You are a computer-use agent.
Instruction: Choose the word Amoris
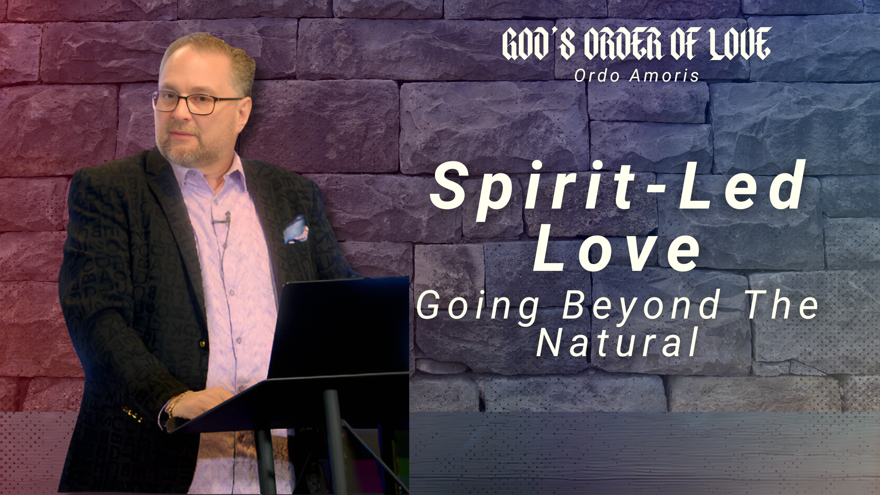point(664,76)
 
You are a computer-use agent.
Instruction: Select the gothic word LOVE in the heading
point(741,44)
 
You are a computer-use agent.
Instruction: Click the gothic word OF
point(685,44)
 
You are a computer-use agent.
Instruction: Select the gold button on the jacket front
point(202,343)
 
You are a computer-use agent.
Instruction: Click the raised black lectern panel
point(339,328)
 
